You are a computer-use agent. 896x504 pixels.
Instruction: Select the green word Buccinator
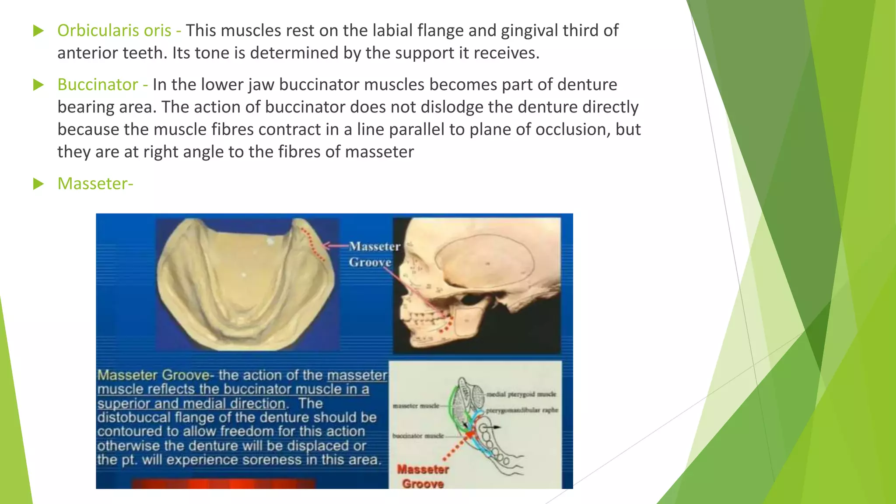pos(98,84)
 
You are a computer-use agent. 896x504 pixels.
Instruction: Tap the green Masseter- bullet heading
pos(95,183)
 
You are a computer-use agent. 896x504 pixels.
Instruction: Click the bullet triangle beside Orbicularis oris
pos(38,31)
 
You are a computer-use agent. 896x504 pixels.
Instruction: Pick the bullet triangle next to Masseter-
pos(38,184)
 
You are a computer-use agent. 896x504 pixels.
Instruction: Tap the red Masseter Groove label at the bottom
pos(422,476)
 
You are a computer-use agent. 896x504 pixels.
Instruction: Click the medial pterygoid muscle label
pos(521,394)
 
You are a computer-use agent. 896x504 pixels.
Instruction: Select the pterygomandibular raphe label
pos(522,410)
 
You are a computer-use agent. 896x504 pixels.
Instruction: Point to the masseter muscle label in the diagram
pos(416,406)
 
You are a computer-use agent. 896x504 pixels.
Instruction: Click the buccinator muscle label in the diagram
pos(418,436)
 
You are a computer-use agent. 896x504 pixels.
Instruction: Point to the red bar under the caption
pos(223,483)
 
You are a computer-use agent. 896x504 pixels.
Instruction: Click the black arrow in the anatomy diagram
pos(493,427)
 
